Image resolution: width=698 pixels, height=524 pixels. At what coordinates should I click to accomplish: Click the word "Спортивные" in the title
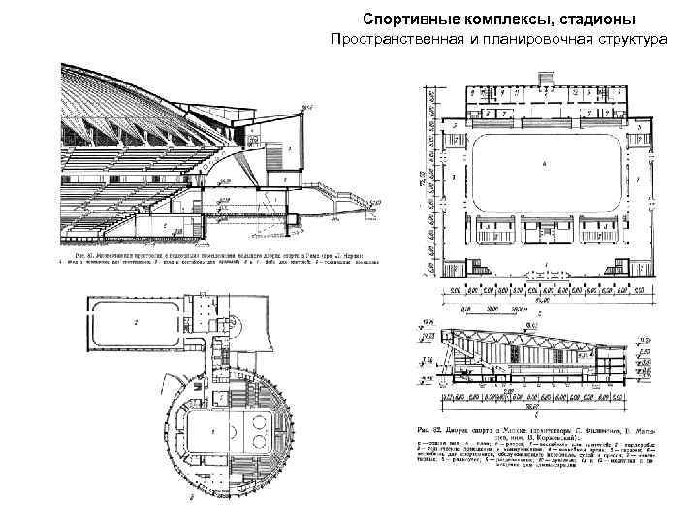coord(403,19)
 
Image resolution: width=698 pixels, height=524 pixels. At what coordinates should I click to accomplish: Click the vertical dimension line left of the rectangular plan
coord(428,180)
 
